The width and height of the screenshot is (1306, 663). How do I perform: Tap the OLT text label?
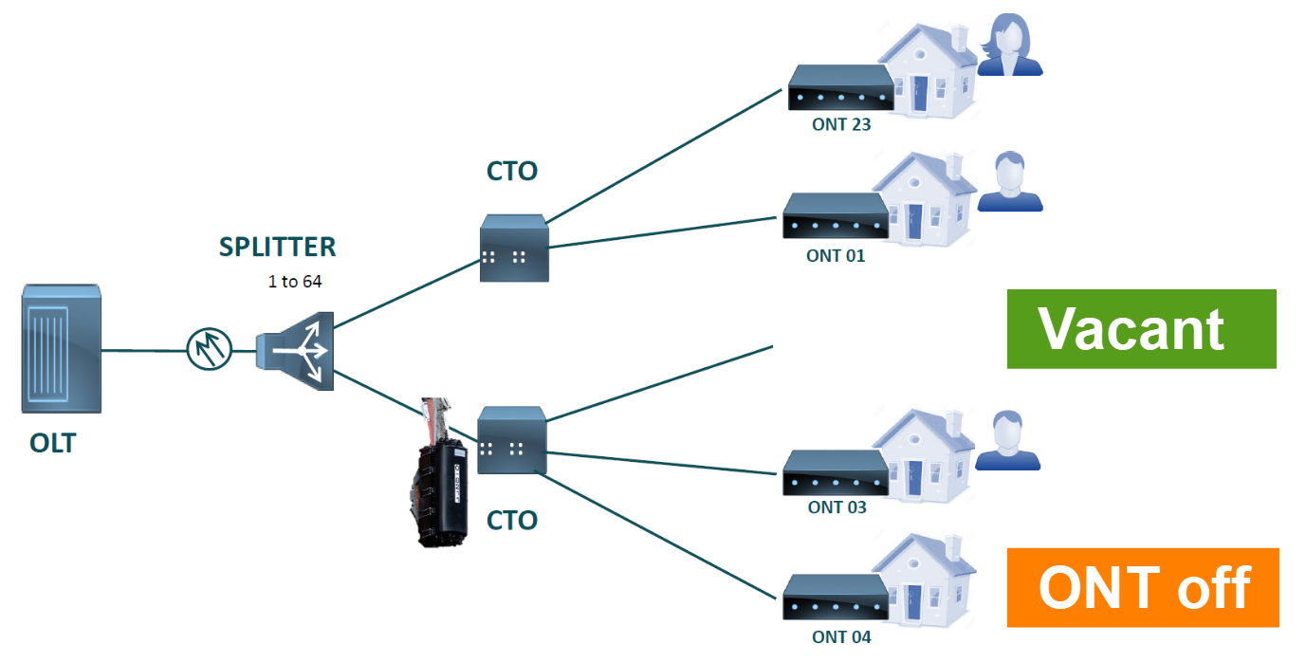coord(52,443)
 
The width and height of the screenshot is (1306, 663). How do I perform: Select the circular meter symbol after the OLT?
coord(210,350)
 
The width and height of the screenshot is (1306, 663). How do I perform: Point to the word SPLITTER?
coord(277,248)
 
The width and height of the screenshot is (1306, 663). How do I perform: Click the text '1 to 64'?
coord(295,282)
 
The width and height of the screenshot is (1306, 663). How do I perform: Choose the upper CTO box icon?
coord(514,249)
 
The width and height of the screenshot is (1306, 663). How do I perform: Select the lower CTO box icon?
coord(512,440)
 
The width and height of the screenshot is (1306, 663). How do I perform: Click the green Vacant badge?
coord(1141,329)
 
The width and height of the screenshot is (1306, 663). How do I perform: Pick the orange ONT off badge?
coord(1143,587)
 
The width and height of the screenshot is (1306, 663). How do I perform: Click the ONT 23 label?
coord(841,123)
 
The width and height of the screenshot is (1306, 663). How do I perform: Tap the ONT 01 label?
coord(836,255)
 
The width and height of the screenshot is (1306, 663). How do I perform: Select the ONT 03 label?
coord(837,507)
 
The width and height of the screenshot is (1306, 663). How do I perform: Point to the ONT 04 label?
coord(841,636)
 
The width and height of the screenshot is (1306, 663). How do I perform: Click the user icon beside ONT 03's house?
coord(1008,441)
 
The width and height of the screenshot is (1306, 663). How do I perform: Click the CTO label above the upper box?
coord(512,172)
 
